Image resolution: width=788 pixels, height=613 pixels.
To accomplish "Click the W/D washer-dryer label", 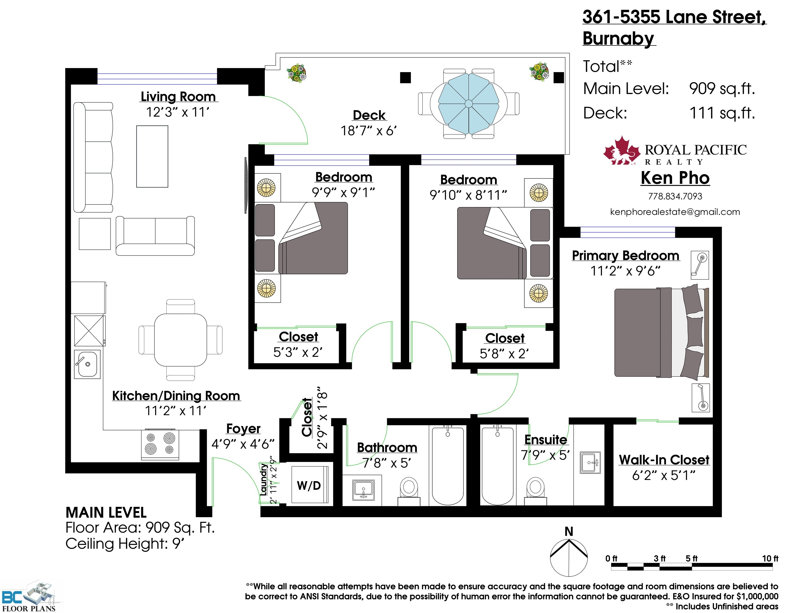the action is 309,485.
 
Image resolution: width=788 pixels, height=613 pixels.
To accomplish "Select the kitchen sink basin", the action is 87,364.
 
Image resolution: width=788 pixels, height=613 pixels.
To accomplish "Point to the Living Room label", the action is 178,97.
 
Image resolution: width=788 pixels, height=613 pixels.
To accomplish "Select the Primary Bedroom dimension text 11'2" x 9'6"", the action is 625,271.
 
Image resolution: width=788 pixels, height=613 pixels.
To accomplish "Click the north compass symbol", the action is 569,556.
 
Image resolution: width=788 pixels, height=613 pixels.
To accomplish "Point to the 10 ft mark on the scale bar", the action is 770,558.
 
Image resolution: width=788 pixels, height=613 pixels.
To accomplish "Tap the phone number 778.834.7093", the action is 675,196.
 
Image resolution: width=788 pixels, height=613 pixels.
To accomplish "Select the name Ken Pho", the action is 675,178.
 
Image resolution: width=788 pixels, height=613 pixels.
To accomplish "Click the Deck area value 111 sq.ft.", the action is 722,113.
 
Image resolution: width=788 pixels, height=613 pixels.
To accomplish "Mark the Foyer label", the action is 243,429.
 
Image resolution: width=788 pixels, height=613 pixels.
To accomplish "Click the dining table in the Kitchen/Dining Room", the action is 181,340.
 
